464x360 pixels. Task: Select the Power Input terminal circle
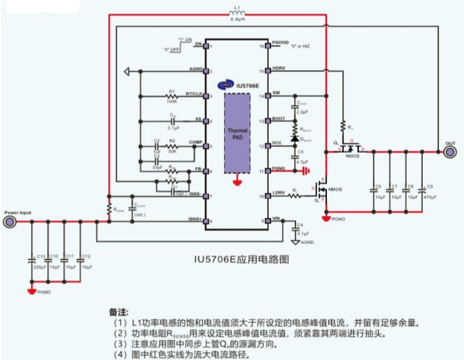pyautogui.click(x=10, y=222)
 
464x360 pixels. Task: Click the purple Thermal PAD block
pyautogui.click(x=238, y=133)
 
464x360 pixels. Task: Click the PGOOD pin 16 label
pyautogui.click(x=279, y=45)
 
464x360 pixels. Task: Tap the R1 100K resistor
pyautogui.click(x=172, y=96)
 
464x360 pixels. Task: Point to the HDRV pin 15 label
pyautogui.click(x=278, y=70)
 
